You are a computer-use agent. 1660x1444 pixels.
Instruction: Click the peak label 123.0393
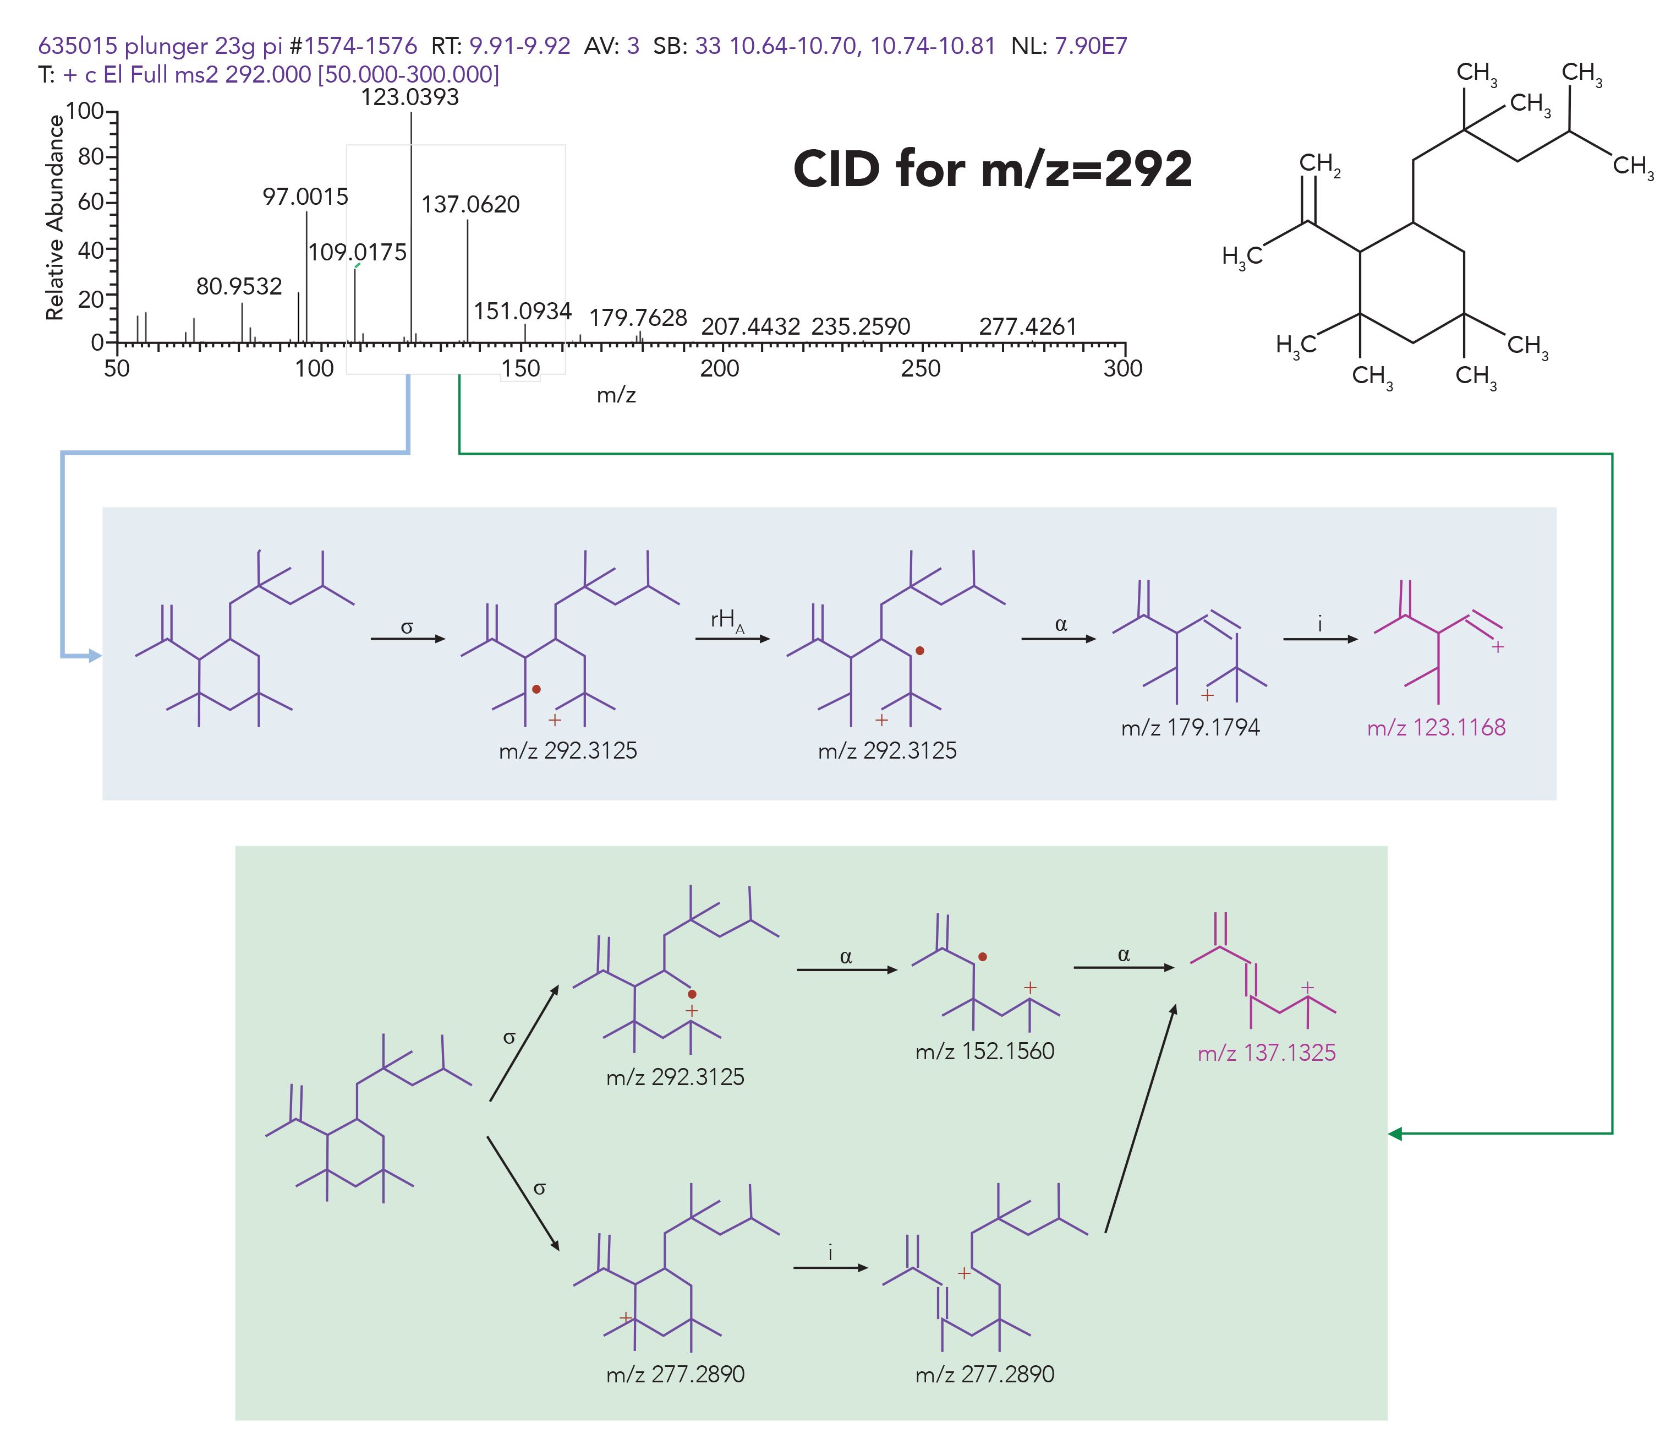pos(410,97)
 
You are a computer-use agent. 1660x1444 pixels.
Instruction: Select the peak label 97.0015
pos(305,197)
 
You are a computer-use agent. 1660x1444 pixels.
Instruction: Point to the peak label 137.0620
pos(470,205)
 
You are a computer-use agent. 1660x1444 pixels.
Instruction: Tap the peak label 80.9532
pos(239,286)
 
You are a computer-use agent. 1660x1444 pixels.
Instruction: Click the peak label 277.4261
pos(1028,326)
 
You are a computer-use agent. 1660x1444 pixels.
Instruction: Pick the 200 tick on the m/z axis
pos(719,368)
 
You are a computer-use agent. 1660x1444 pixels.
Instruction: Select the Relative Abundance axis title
pos(55,217)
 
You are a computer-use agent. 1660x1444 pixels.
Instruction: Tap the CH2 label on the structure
pos(1319,165)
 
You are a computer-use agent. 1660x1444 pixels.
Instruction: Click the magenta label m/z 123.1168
pos(1436,728)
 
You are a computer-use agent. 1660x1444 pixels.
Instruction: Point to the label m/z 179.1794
pos(1191,728)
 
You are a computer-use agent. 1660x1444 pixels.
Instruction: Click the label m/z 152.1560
pos(984,1051)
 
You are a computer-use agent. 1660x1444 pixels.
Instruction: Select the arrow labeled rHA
pos(732,639)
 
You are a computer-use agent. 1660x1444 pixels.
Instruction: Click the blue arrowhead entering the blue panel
pos(96,656)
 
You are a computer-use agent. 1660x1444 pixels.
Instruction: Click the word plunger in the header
pos(166,46)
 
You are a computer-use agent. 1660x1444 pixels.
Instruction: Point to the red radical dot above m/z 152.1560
pos(983,957)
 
